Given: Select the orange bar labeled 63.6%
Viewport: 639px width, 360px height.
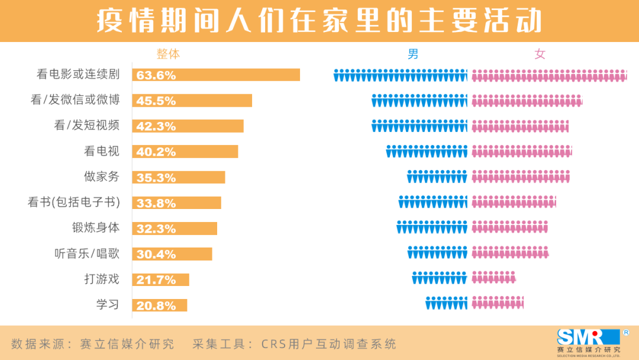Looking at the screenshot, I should pos(216,75).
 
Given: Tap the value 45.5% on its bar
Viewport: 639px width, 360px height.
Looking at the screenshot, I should pos(156,101).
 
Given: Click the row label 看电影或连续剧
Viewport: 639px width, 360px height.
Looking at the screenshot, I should pos(78,75).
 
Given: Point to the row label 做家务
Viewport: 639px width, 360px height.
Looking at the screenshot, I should pos(102,176).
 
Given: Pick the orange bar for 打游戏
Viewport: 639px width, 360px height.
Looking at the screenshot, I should pos(161,279).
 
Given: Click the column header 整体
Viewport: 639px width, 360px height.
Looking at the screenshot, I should pos(168,54).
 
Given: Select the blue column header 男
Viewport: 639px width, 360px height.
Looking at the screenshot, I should pos(413,54).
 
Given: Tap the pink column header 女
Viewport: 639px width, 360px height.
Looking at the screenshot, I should pos(540,54).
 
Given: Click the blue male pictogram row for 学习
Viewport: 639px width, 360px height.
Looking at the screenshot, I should pos(446,303).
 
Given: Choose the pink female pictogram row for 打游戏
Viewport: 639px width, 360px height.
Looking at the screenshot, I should pos(493,278).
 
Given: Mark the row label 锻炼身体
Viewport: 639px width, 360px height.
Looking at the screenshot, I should pos(96,228).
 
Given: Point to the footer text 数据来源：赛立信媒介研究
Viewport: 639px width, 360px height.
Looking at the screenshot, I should pos(93,344).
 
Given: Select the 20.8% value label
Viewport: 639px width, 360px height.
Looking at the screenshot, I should pos(156,306).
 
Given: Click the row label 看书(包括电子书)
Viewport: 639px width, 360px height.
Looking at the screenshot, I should pos(74,202).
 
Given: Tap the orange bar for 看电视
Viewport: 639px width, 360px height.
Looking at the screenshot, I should pos(185,152).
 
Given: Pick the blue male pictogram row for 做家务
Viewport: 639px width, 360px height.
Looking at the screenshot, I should pos(437,176).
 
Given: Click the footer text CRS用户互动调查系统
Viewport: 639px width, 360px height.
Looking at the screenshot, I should pos(294,344).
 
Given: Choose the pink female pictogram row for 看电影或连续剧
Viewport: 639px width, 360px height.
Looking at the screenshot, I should pos(548,75).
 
